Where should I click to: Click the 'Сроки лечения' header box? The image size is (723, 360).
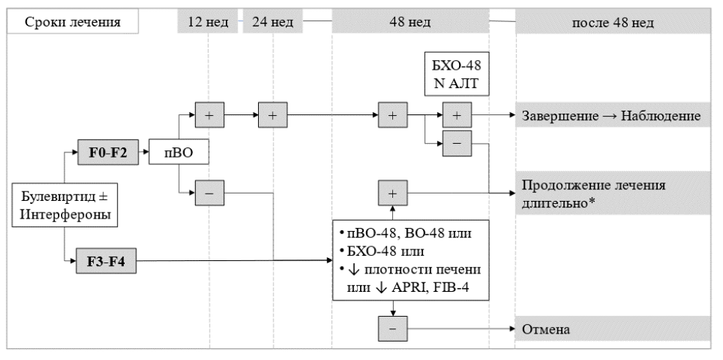click(73, 22)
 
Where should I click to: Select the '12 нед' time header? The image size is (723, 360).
click(208, 22)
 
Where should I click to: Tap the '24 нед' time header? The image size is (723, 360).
click(273, 22)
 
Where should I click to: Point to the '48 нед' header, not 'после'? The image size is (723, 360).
click(411, 22)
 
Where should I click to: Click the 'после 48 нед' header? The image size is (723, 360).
click(613, 23)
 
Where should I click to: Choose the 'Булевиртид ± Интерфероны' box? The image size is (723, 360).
click(65, 205)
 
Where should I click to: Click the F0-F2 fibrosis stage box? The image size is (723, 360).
click(107, 152)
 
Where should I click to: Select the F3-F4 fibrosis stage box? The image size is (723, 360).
click(106, 261)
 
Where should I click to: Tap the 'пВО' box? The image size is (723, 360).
click(179, 152)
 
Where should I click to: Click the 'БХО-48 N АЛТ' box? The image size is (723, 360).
click(457, 74)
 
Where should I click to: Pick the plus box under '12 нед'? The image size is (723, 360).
click(209, 115)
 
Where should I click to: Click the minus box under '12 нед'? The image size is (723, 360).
click(209, 193)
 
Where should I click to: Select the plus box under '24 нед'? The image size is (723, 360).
click(273, 115)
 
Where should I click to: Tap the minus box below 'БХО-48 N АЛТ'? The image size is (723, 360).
click(457, 144)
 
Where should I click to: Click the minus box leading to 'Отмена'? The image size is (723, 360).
click(393, 328)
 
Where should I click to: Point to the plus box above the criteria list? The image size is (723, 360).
click(393, 193)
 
